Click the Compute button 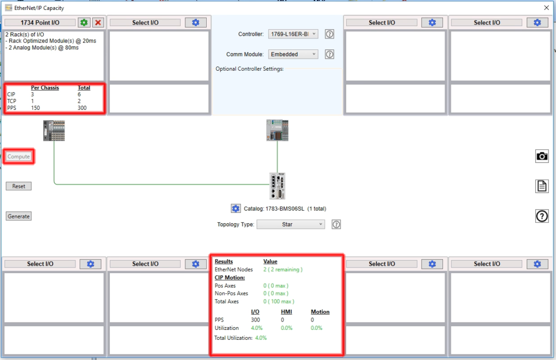19,157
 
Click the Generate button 19,216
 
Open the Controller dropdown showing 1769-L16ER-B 293,34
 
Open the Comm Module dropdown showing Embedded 293,54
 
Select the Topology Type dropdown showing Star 290,224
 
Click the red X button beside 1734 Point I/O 97,23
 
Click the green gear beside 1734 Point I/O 84,23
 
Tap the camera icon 542,156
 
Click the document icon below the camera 542,186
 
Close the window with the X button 546,8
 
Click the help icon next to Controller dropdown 329,34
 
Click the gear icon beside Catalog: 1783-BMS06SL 236,209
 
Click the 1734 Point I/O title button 40,23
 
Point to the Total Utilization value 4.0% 261,338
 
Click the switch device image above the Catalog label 277,186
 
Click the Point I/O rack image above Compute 54,131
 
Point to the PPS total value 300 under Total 82,108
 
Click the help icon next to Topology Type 336,224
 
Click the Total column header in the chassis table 84,88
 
